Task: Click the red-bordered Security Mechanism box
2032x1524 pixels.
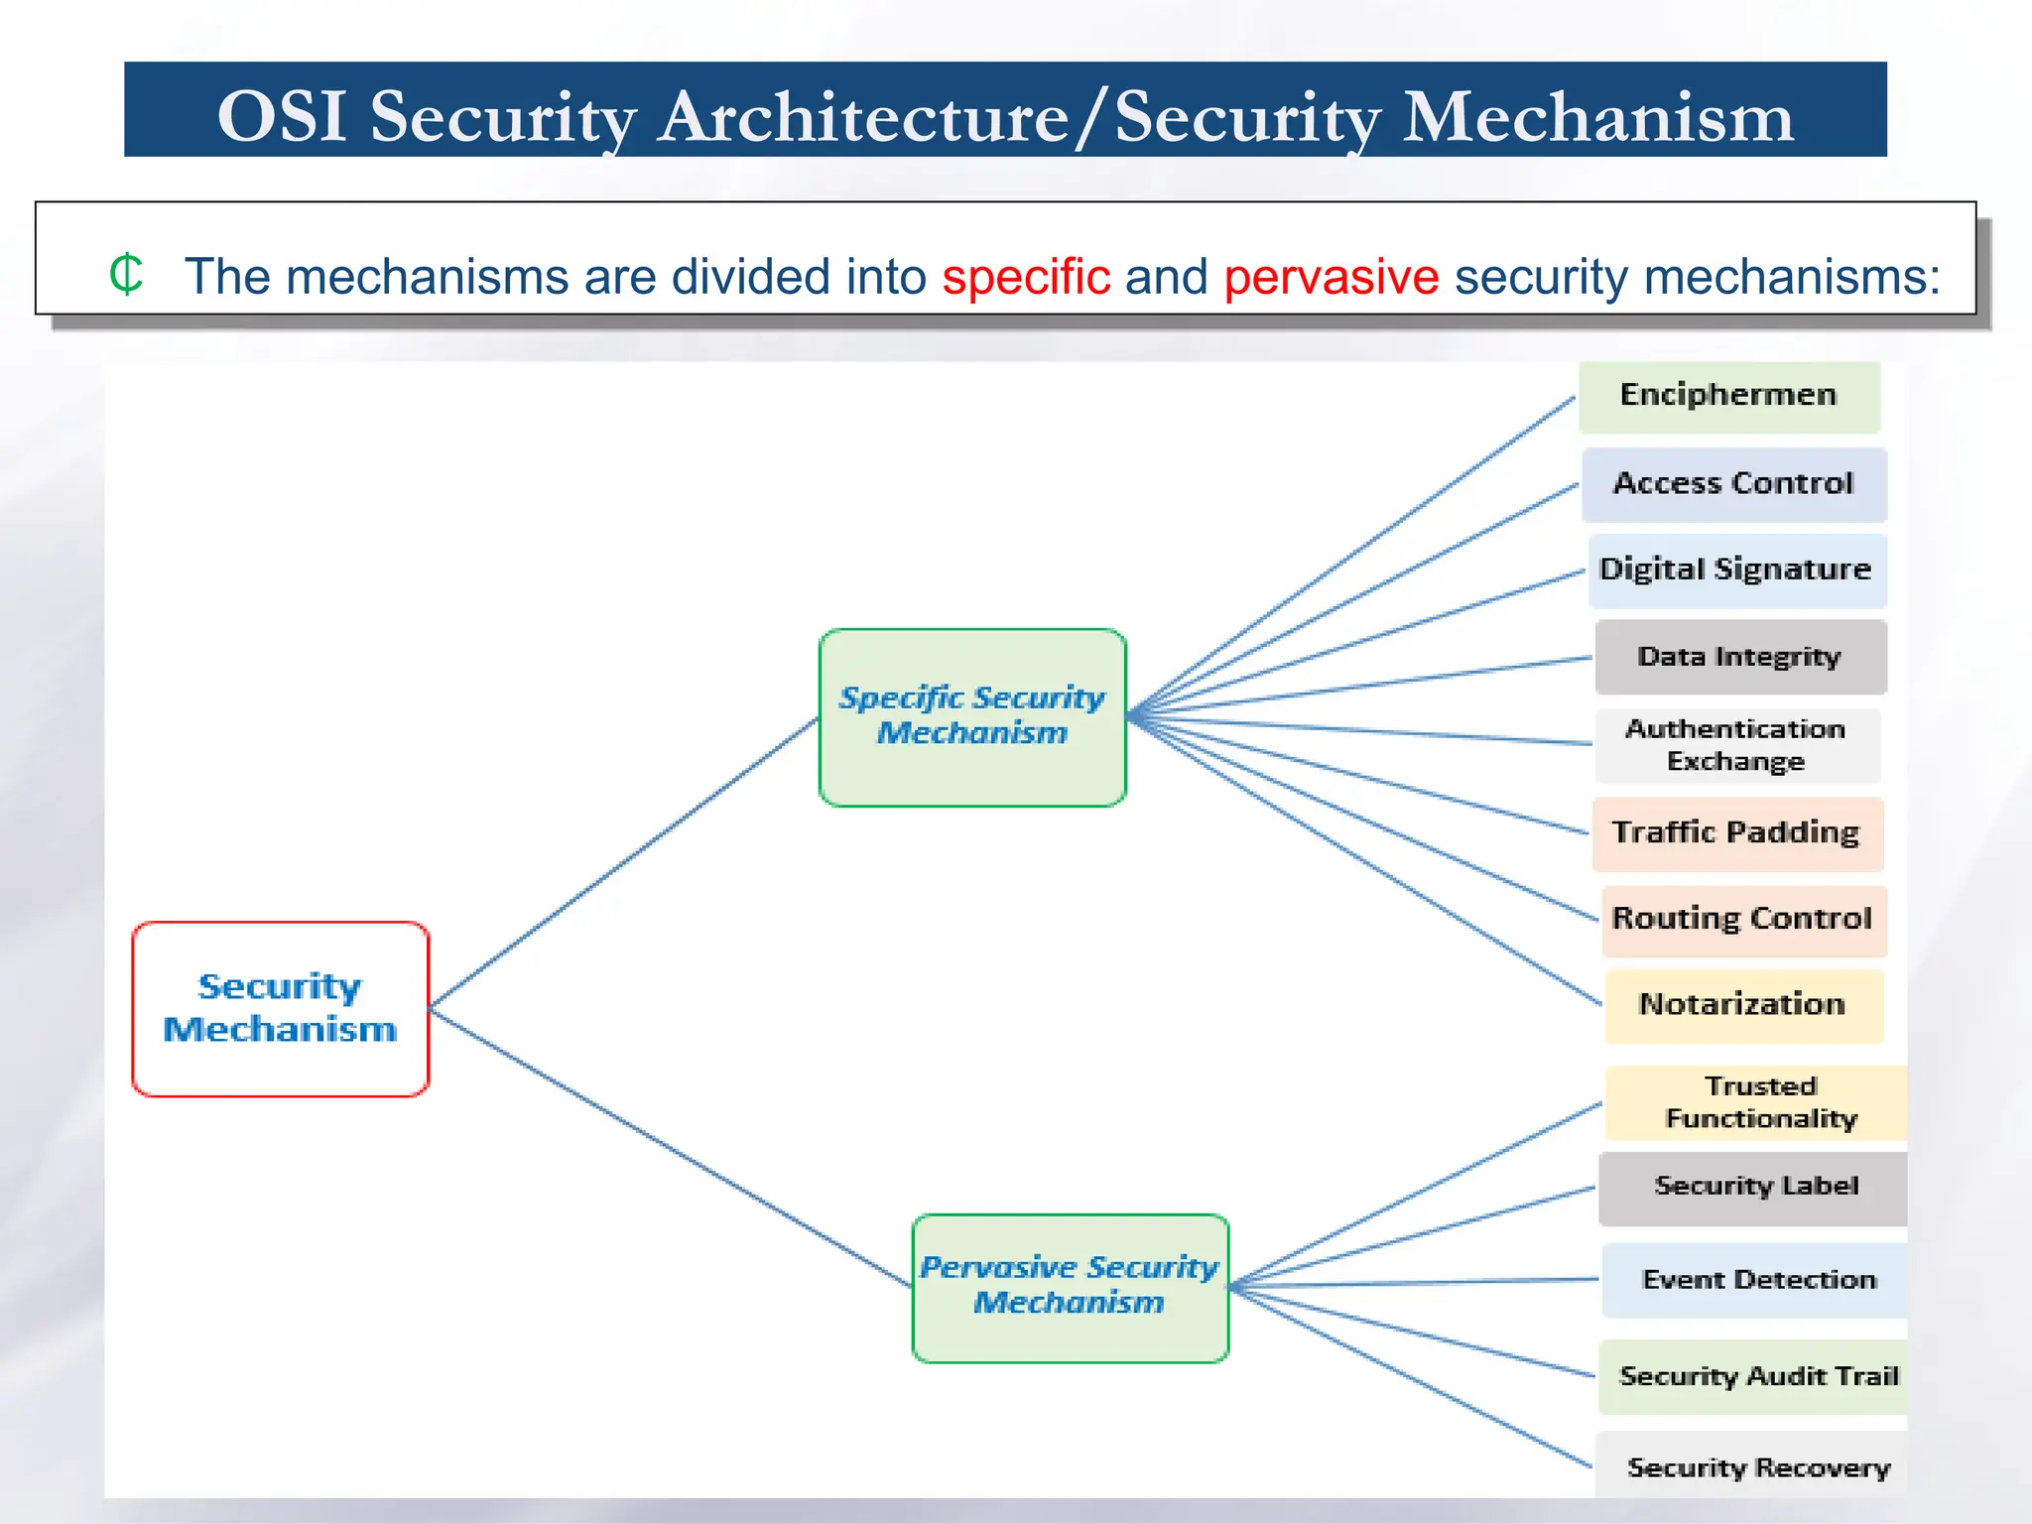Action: pos(280,1008)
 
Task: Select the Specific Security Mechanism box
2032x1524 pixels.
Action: pos(972,716)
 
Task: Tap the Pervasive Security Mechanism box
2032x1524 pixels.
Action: pos(1070,1287)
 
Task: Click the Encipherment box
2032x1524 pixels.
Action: pos(1728,396)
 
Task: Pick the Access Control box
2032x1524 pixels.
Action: pos(1733,484)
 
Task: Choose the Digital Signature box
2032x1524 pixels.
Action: pos(1736,571)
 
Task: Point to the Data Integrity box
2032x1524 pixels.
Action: pos(1740,657)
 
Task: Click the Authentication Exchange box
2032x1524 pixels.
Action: pos(1736,745)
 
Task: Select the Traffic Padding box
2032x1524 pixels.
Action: pos(1736,833)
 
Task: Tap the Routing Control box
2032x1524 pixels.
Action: pos(1743,920)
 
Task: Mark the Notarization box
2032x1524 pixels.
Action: pos(1743,1005)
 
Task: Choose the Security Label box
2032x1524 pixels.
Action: pos(1754,1187)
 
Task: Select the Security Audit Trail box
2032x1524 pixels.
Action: pos(1754,1376)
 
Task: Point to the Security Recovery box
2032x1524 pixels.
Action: pos(1754,1466)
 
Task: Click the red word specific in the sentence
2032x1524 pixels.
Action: pos(1026,277)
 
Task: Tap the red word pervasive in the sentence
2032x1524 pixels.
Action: pos(1331,277)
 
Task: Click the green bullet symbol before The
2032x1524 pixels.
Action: pos(126,274)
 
